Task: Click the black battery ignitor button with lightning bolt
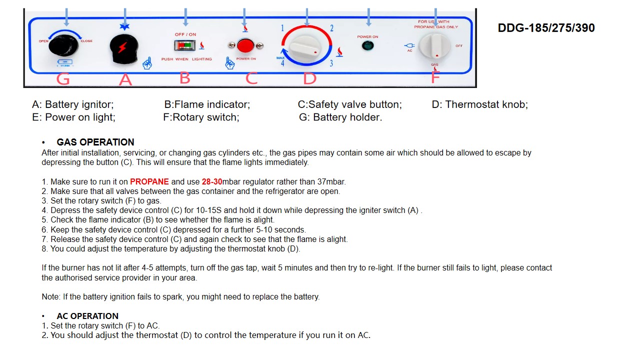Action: click(x=123, y=49)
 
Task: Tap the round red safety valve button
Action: click(x=245, y=46)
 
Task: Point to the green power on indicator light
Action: click(x=367, y=46)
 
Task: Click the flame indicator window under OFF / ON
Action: click(x=185, y=46)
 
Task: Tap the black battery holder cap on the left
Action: click(x=64, y=46)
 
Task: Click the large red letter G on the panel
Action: click(x=63, y=79)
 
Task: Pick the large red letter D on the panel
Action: click(x=309, y=78)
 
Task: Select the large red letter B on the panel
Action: click(x=185, y=78)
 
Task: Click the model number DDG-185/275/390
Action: click(x=546, y=28)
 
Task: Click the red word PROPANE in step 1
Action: click(x=149, y=182)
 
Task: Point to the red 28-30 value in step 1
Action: click(x=212, y=182)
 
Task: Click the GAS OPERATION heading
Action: click(x=95, y=142)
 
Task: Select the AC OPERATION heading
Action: click(x=87, y=316)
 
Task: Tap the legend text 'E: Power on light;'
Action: click(x=73, y=117)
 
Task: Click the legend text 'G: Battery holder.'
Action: click(x=340, y=117)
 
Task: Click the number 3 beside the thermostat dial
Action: click(x=331, y=63)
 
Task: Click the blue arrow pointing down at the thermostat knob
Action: click(x=307, y=17)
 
